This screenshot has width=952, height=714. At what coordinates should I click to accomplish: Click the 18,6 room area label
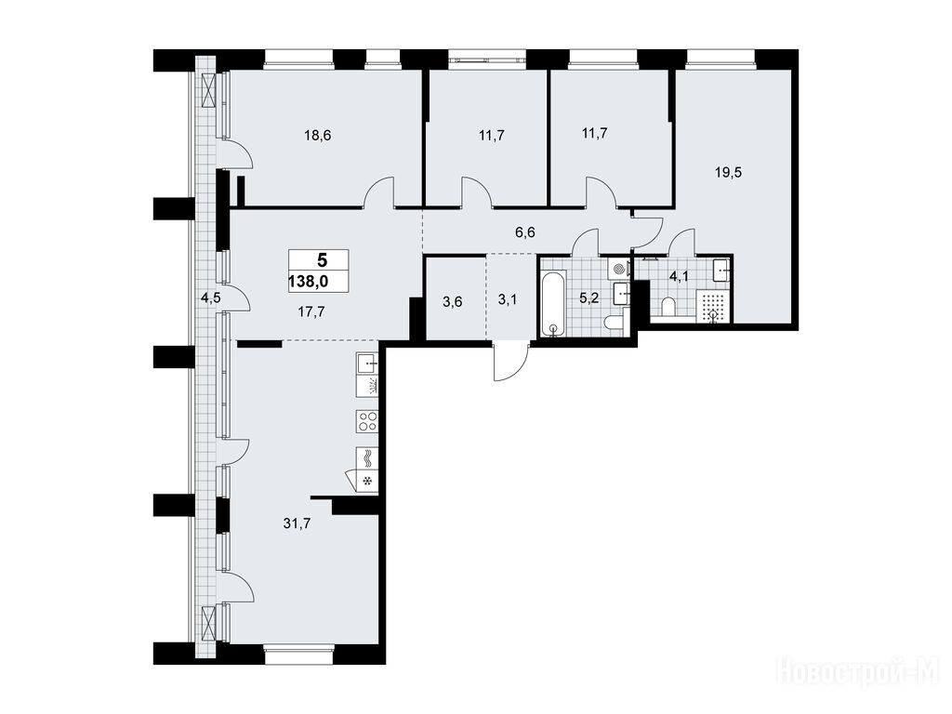318,136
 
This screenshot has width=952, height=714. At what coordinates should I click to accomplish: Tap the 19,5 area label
728,172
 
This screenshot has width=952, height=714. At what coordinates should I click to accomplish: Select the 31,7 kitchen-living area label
297,523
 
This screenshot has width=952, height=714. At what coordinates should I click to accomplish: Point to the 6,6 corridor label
524,232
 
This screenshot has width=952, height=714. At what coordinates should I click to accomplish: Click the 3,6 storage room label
453,301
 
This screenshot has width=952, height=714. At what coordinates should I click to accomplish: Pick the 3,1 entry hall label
508,300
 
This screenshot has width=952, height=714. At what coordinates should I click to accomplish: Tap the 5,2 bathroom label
588,298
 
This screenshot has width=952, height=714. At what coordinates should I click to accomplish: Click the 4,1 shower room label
678,277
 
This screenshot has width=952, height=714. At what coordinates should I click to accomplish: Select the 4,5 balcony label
211,297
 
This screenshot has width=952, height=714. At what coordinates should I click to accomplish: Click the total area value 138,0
313,282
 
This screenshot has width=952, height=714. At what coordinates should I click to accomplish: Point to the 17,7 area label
311,312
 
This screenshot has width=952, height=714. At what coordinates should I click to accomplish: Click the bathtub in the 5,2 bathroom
553,304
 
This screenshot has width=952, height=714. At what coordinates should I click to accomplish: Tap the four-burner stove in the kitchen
367,421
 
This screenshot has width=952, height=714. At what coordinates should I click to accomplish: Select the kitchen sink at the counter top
367,364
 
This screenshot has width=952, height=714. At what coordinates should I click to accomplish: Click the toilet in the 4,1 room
668,307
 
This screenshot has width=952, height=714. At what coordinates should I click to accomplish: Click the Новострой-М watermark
858,671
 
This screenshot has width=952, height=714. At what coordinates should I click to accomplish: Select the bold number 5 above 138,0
322,260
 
